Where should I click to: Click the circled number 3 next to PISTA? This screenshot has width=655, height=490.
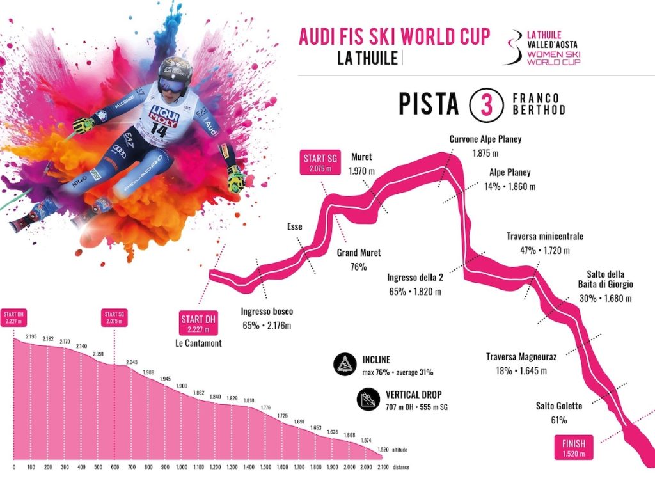coord(484,105)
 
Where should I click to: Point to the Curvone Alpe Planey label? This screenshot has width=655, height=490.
coord(485,139)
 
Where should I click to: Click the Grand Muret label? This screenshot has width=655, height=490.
coord(358,253)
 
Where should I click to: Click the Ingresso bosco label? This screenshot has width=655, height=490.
coord(267,312)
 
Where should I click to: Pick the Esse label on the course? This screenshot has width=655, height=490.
coord(294,226)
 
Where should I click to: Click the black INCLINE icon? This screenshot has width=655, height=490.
coord(345,364)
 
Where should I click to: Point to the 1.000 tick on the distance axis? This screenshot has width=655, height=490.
coord(182,467)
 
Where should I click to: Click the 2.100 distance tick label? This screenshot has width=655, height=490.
coord(382,467)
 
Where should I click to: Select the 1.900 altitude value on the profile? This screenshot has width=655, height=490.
coord(182,386)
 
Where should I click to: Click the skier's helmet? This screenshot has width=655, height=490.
coord(175,72)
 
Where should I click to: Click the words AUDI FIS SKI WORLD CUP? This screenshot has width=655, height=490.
coord(394,36)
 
